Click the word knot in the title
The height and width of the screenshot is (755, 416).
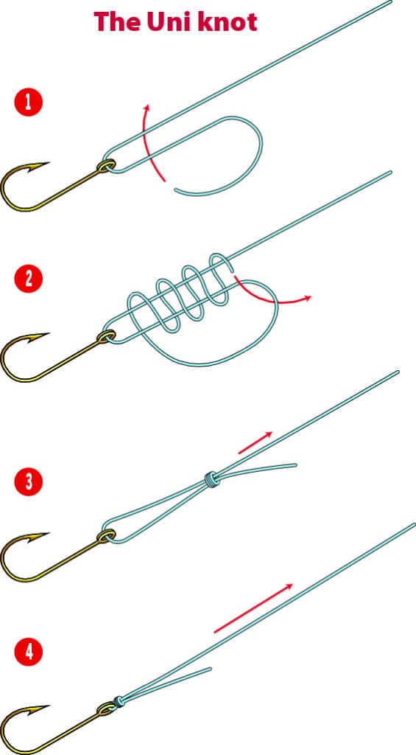[x=228, y=21]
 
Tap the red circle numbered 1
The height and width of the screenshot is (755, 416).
[x=29, y=102]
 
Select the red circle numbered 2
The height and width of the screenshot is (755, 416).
[x=29, y=279]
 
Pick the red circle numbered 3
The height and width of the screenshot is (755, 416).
[x=29, y=482]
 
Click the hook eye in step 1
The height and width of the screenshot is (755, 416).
[x=107, y=166]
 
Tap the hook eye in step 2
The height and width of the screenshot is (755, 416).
[x=107, y=336]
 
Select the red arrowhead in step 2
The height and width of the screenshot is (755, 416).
[x=307, y=298]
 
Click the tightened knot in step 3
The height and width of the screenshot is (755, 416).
[x=211, y=479]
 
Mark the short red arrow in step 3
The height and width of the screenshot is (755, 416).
[x=255, y=442]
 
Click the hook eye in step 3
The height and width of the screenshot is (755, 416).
[x=107, y=535]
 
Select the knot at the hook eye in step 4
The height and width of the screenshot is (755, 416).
[x=119, y=702]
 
